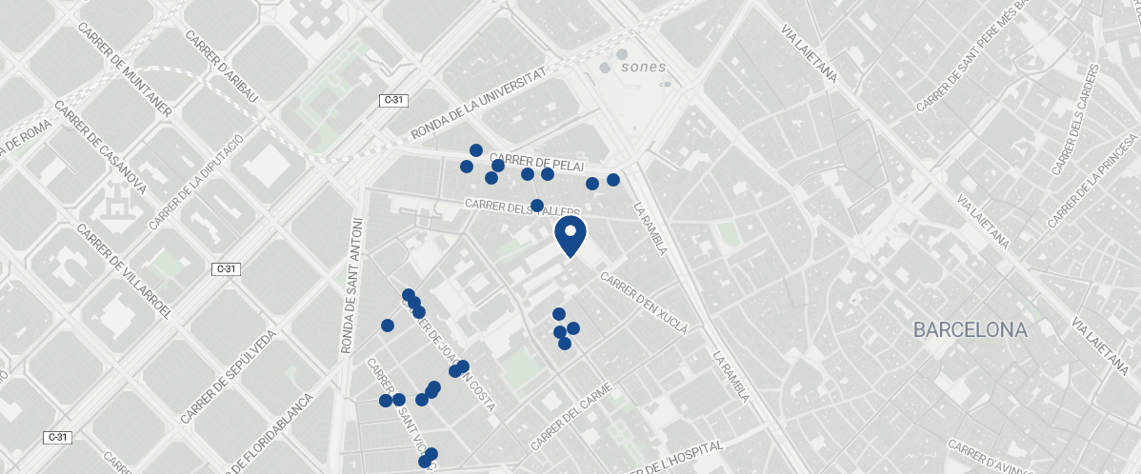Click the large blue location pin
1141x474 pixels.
(570, 235)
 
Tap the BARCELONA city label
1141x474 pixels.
(970, 330)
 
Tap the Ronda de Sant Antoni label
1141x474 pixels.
(352, 286)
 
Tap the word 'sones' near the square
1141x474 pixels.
(643, 68)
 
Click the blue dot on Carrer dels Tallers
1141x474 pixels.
(537, 206)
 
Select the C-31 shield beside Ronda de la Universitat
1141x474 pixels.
(392, 100)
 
